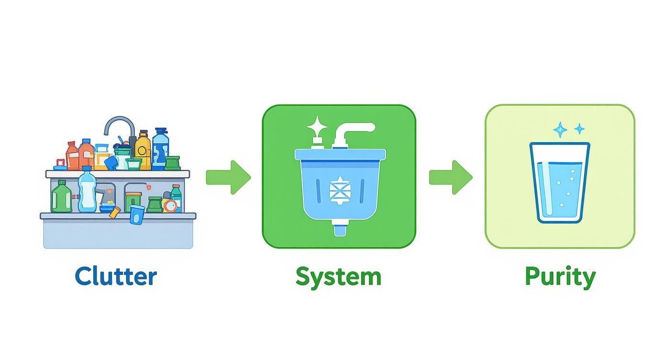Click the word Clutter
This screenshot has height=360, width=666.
[116, 277]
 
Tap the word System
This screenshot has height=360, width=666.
[338, 277]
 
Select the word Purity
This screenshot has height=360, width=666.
[560, 277]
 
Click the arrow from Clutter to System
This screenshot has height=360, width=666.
[228, 178]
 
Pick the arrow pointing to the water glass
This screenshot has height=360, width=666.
[450, 178]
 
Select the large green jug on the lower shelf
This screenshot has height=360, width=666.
[61, 197]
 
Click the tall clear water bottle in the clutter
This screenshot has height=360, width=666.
[87, 191]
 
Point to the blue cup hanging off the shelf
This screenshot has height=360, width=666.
[137, 214]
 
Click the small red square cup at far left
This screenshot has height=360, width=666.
[60, 163]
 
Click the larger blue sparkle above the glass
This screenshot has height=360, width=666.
[559, 130]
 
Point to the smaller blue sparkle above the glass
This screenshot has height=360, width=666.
[579, 128]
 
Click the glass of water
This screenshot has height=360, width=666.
[559, 183]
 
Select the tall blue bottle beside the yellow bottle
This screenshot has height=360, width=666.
[160, 148]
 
